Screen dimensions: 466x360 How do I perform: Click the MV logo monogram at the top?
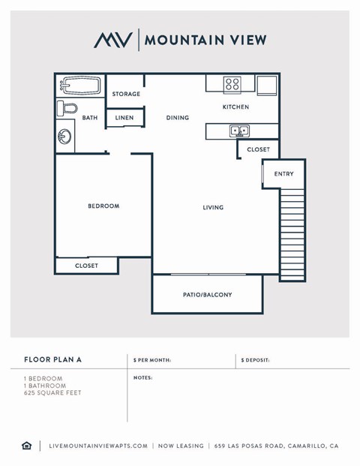point(113,40)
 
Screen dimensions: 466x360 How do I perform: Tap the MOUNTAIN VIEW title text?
point(205,40)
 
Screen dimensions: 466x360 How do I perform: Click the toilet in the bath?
point(67,108)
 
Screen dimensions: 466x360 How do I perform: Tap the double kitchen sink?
point(240,131)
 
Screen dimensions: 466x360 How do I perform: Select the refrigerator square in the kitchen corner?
point(267,85)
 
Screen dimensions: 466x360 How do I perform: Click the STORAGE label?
point(126,94)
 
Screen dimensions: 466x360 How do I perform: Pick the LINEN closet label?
point(124,118)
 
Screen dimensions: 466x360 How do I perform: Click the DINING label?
point(178,118)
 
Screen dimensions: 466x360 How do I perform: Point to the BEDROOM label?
point(103,206)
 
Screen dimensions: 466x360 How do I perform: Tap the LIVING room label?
point(213,207)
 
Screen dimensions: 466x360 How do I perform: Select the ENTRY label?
point(284,174)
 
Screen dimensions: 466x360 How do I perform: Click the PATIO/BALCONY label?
point(208,295)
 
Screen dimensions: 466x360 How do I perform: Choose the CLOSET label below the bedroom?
point(86,266)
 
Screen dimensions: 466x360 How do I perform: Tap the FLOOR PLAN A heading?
point(53,360)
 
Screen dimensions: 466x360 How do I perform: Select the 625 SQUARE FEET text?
point(52,392)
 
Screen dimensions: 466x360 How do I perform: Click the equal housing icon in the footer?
point(27,446)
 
